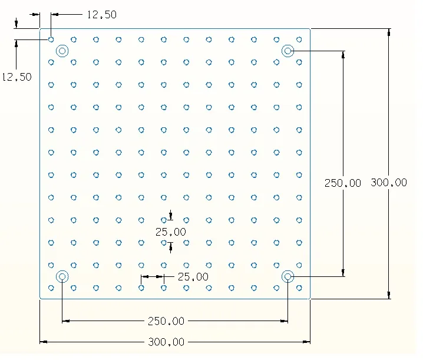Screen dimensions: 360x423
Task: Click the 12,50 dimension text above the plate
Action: pyautogui.click(x=101, y=15)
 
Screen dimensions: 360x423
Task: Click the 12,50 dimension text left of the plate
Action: pyautogui.click(x=17, y=77)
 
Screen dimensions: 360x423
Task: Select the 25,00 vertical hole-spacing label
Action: pyautogui.click(x=171, y=232)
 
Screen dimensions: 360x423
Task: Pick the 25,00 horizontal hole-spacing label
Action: pyautogui.click(x=193, y=276)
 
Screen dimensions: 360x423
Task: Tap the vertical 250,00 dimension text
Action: pyautogui.click(x=343, y=183)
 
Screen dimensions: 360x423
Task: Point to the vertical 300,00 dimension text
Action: pyautogui.click(x=389, y=183)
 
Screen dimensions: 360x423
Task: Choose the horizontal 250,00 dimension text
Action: pyautogui.click(x=166, y=321)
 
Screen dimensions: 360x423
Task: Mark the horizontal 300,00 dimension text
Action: pyautogui.click(x=166, y=342)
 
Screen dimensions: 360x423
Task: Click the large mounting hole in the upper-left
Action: pyautogui.click(x=62, y=51)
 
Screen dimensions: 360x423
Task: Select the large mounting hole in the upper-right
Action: pyautogui.click(x=287, y=51)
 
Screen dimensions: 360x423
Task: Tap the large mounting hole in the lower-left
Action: pyautogui.click(x=62, y=276)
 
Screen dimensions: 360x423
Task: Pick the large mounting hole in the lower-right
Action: pyautogui.click(x=287, y=276)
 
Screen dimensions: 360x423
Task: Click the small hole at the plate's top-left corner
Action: pyautogui.click(x=51, y=39)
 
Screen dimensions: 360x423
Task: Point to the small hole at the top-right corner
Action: pyautogui.click(x=299, y=39)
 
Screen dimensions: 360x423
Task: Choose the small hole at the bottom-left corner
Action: pyautogui.click(x=51, y=288)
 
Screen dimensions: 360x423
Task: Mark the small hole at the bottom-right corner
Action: pyautogui.click(x=299, y=288)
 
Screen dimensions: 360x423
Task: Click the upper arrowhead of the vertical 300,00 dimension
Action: pyautogui.click(x=389, y=32)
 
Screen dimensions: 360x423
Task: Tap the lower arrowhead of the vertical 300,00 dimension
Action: pyautogui.click(x=389, y=295)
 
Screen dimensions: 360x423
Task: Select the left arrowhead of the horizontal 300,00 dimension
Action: pyautogui.click(x=43, y=341)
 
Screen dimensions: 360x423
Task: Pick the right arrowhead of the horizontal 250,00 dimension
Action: pyautogui.click(x=285, y=321)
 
